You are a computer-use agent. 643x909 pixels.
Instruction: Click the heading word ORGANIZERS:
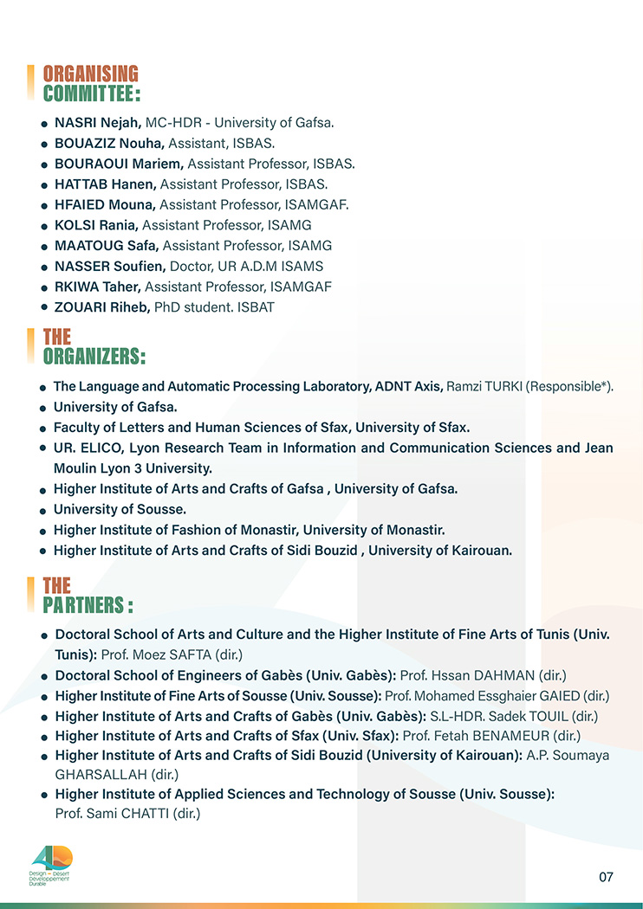coord(94,357)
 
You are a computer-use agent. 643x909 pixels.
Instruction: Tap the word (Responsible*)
coord(569,386)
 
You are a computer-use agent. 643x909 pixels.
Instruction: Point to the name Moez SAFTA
coord(168,654)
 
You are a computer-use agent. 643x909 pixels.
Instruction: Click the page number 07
coord(606,877)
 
